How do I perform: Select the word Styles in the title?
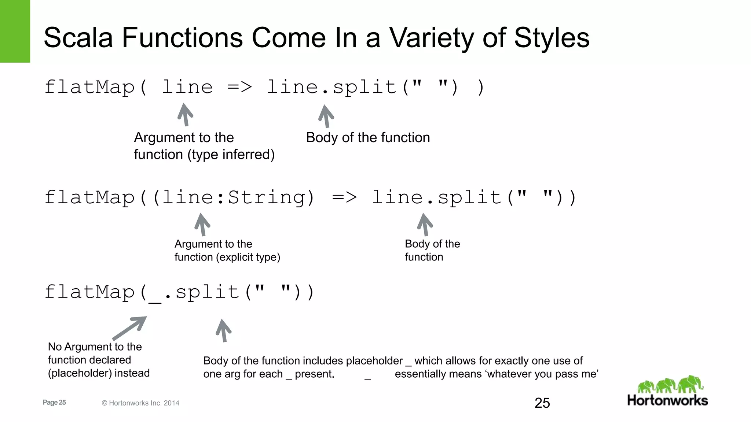tap(552, 38)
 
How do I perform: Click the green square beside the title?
tap(15, 31)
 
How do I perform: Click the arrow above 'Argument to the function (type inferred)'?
tap(185, 115)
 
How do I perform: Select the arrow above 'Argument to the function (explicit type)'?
tap(202, 225)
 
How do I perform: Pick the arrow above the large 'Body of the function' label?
tap(326, 116)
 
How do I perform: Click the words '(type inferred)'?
tap(231, 155)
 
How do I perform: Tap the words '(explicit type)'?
tap(248, 257)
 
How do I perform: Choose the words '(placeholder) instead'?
tap(99, 373)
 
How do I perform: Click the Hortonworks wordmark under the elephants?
tap(667, 400)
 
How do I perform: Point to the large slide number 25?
tap(542, 403)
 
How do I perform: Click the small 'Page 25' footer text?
tap(54, 402)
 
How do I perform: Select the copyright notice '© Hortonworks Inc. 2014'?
tap(140, 403)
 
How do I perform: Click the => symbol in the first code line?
tap(239, 87)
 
